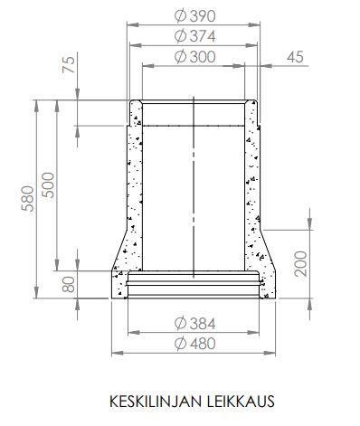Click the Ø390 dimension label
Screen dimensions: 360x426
[195, 16]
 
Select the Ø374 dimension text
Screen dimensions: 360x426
[195, 36]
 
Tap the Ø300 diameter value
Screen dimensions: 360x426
[195, 57]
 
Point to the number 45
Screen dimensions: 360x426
[295, 57]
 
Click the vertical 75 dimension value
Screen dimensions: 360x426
[69, 64]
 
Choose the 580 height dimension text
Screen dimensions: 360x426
[28, 198]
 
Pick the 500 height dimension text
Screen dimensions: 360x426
[48, 185]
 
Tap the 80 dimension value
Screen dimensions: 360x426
[70, 285]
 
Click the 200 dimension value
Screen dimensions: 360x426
[301, 264]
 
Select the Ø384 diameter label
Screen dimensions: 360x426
[195, 324]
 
